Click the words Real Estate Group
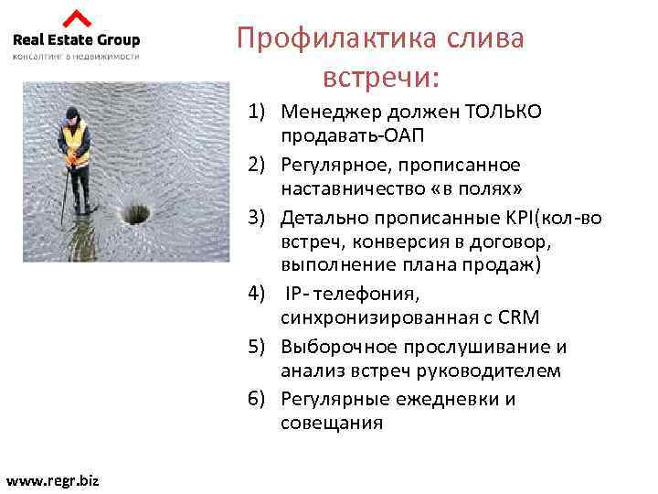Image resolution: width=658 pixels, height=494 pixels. tap(76, 39)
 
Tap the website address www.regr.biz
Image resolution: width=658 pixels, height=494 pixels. tap(52, 479)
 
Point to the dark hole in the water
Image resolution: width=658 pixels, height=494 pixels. tap(135, 214)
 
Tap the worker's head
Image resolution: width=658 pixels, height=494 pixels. tap(72, 113)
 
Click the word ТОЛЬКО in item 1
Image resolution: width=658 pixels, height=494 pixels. tap(504, 112)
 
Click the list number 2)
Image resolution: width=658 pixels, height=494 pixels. tap(260, 165)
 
